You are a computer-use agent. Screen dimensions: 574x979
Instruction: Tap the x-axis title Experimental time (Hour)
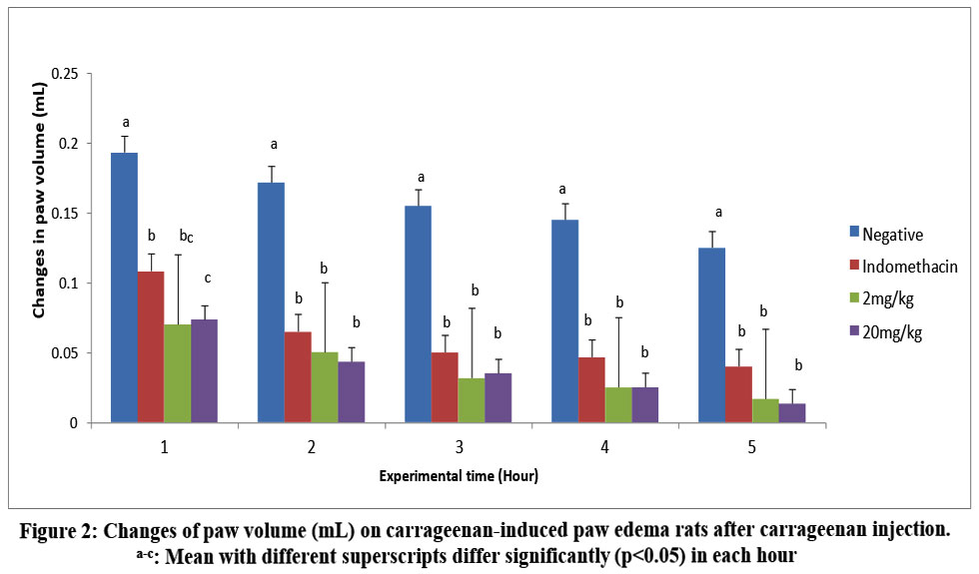(x=459, y=476)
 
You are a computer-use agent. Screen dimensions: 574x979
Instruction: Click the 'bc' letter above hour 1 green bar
(x=186, y=236)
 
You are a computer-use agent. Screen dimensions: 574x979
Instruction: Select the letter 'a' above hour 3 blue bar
(x=419, y=176)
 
